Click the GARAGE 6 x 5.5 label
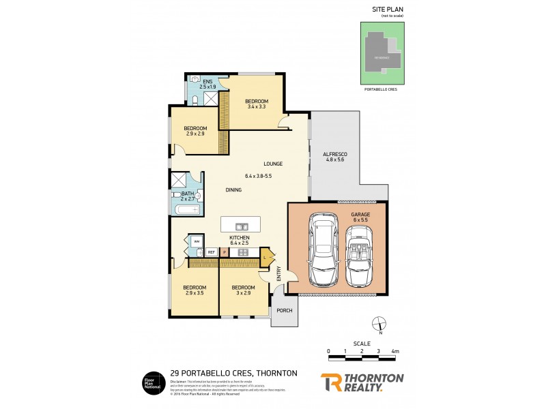[x=361, y=217]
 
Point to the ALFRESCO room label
[x=334, y=157]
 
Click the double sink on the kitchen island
[x=240, y=226]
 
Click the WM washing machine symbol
[x=197, y=241]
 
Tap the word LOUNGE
[x=273, y=164]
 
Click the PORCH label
[x=285, y=311]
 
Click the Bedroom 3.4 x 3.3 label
[x=257, y=104]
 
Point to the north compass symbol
[x=380, y=324]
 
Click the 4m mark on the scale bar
[x=394, y=352]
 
